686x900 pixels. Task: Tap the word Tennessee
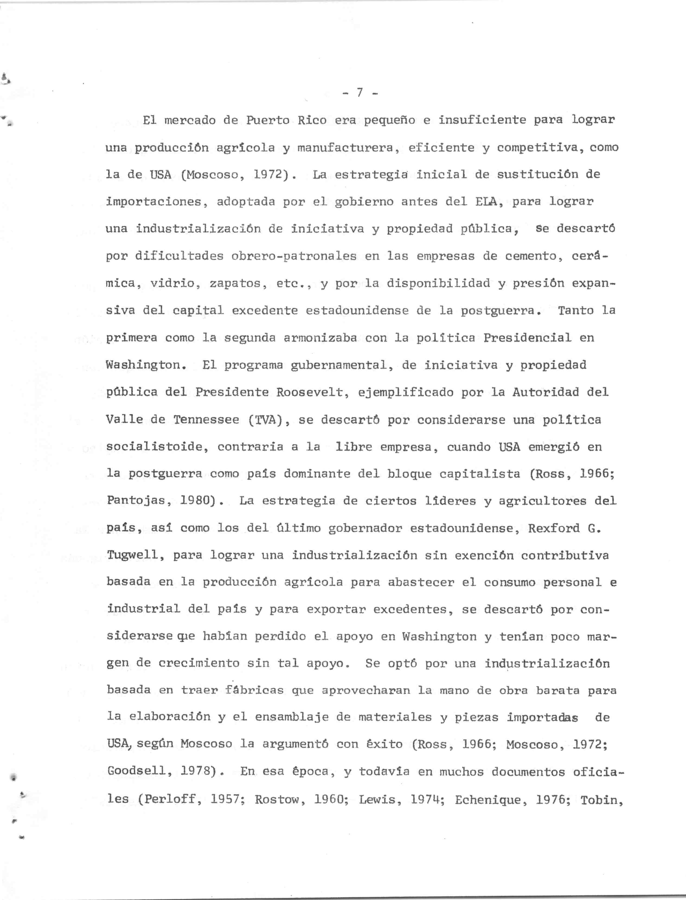tap(206, 420)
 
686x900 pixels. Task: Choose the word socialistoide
tap(154, 447)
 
